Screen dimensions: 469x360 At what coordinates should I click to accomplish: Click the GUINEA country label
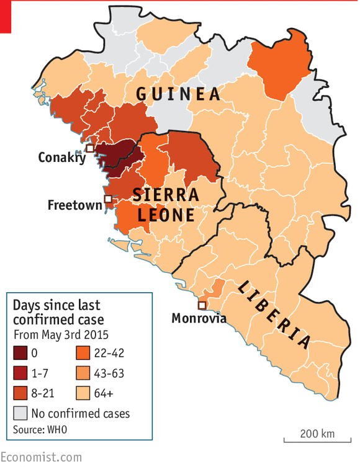(178, 94)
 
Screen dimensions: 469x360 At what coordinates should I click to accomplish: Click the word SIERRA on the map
(166, 195)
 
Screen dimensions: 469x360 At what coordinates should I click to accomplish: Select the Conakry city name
(61, 158)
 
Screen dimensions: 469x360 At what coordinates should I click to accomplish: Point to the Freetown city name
(74, 205)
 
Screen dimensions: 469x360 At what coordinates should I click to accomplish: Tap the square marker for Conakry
(90, 149)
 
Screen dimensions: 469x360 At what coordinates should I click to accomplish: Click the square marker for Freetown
(108, 199)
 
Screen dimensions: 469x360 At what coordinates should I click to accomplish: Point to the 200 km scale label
(317, 433)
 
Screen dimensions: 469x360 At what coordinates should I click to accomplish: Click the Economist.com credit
(41, 457)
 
